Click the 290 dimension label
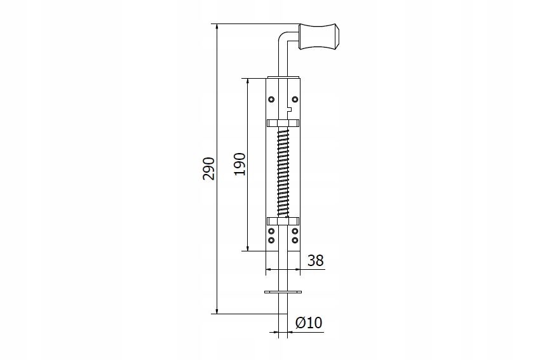point(209,169)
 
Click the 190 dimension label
point(240,164)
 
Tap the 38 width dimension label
point(316,260)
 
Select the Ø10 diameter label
point(309,323)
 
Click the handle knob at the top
point(320,36)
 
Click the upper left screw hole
point(271,100)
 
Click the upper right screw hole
point(295,100)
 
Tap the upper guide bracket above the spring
point(283,123)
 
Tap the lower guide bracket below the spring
point(283,221)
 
